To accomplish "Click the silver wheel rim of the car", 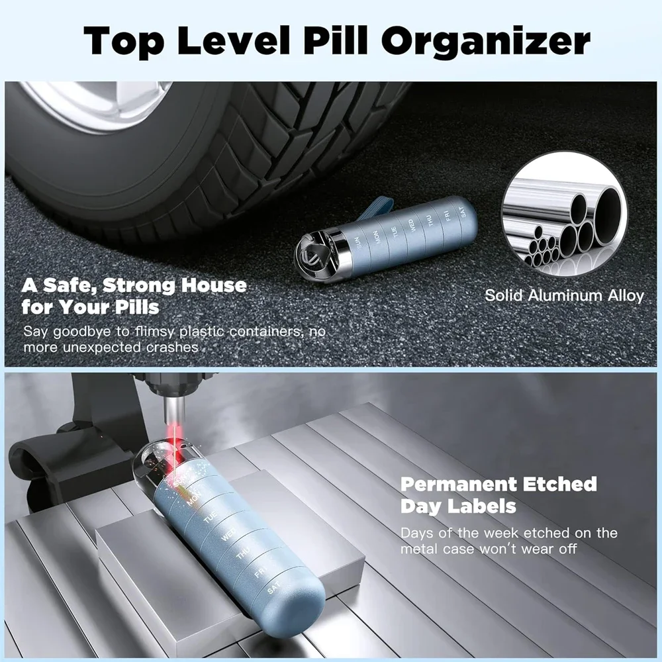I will tap(99, 106).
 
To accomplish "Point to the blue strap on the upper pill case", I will tap(381, 211).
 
